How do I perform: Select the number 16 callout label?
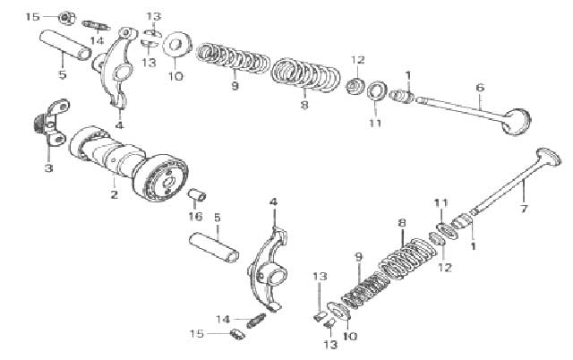tap(195, 217)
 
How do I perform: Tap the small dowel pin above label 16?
tap(197, 195)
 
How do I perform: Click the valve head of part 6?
tap(517, 121)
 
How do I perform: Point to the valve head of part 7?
tap(547, 157)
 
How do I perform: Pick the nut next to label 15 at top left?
tap(66, 18)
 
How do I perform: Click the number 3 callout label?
tap(48, 168)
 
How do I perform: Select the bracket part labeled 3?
tap(51, 122)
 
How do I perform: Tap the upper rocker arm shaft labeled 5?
tap(65, 45)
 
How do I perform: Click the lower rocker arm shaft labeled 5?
tap(214, 247)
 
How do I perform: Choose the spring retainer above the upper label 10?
tap(177, 46)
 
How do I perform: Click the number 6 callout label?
tap(480, 88)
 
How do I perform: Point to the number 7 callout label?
tap(524, 209)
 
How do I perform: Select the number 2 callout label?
tap(115, 194)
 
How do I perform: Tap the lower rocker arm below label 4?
tap(269, 272)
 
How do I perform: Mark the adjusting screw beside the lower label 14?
tap(256, 321)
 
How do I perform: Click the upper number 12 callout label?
tap(358, 60)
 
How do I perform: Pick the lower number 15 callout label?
tap(197, 334)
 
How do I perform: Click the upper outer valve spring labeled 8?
tap(305, 74)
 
